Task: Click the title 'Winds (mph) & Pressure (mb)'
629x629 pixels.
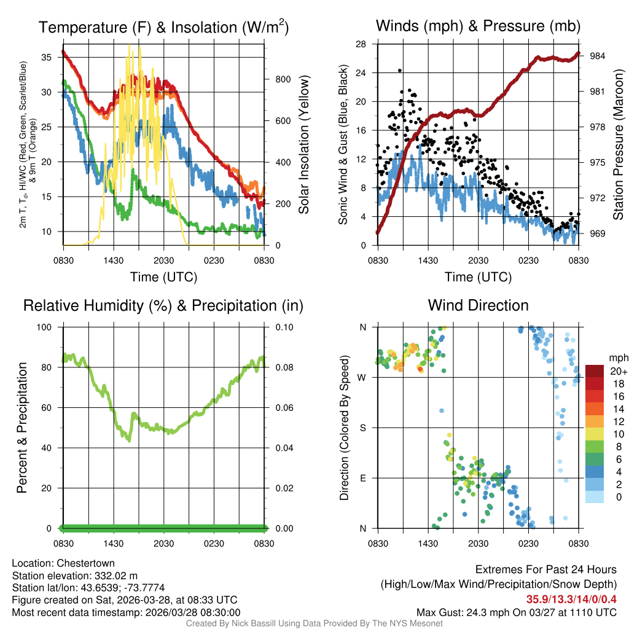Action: [x=478, y=26]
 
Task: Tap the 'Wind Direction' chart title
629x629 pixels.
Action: [x=478, y=305]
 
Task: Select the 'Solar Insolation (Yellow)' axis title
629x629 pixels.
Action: [x=303, y=145]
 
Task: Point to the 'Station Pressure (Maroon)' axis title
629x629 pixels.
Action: [x=618, y=145]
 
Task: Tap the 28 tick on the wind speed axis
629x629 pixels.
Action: [x=361, y=44]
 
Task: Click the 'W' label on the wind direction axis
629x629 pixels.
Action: [x=362, y=377]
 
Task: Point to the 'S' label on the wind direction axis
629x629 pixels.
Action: [x=363, y=428]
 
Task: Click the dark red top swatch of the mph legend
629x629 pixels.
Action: [x=595, y=371]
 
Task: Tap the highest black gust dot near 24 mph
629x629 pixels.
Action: [x=400, y=71]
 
